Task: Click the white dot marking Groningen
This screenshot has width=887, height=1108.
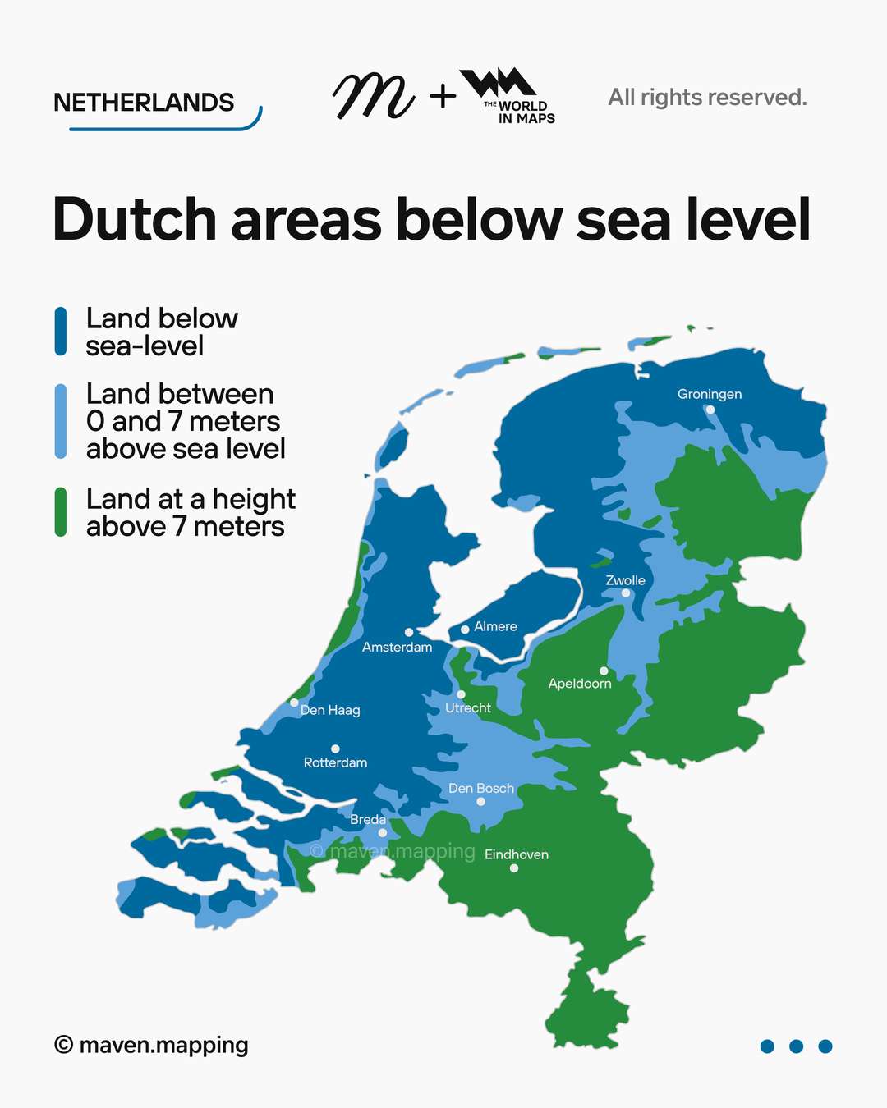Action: [x=710, y=410]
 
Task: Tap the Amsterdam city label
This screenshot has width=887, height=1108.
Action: [x=397, y=648]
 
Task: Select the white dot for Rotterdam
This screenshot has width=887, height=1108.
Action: [x=335, y=749]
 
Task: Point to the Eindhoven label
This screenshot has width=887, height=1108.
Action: [x=516, y=854]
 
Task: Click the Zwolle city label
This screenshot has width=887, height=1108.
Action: [x=625, y=580]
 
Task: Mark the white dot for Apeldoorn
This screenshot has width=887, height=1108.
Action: [x=604, y=671]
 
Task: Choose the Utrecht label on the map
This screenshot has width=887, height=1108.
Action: [x=467, y=707]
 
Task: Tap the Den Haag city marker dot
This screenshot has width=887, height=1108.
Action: [x=294, y=703]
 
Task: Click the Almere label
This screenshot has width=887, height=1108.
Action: [x=495, y=626]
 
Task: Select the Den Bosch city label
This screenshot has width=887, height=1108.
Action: [x=481, y=788]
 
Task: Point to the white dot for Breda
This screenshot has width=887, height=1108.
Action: [x=382, y=832]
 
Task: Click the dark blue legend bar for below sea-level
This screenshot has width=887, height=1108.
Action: [x=61, y=332]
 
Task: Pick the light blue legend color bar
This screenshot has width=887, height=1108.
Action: [x=61, y=420]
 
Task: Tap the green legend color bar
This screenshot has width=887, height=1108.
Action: [x=61, y=512]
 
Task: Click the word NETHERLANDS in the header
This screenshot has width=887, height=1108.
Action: [x=144, y=103]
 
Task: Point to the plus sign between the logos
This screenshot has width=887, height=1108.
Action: [x=443, y=97]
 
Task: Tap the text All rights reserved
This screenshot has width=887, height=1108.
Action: [x=707, y=98]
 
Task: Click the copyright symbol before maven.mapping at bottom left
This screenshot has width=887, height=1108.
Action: [x=63, y=1045]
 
